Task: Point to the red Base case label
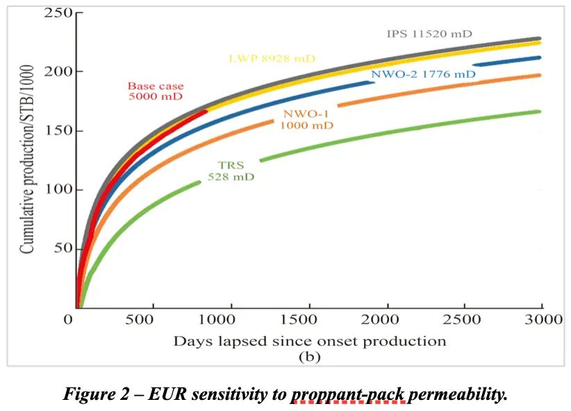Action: (156, 91)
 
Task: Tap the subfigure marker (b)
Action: (307, 357)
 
